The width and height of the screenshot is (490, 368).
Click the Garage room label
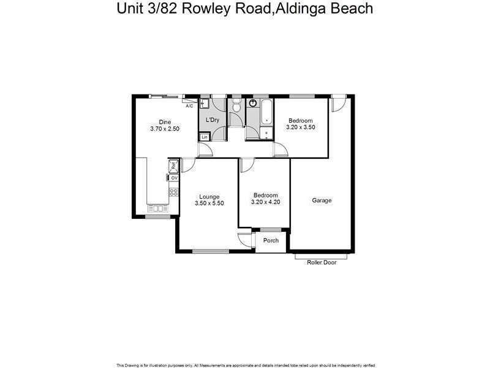pos(322,201)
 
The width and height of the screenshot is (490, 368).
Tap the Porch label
pos(271,240)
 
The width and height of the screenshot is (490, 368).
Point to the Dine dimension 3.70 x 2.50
pos(165,129)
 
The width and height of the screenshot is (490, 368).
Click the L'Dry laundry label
pos(213,120)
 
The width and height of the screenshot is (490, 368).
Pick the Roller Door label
pos(322,262)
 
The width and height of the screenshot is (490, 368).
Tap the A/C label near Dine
pos(189,106)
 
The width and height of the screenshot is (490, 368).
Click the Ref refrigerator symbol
pos(174,164)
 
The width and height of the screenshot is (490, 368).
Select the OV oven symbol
pos(174,178)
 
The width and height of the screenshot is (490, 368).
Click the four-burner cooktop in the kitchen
pos(173,192)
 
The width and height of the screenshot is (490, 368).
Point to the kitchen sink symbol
pos(157,208)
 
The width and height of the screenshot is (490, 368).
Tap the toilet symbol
pos(236,107)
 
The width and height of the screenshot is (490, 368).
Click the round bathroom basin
pos(252,104)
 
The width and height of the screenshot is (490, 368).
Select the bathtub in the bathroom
pos(266,113)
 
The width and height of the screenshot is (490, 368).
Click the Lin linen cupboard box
pos(205,137)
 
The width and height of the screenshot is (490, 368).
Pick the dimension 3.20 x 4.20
pos(266,202)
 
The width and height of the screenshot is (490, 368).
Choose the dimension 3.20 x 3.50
pos(300,127)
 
